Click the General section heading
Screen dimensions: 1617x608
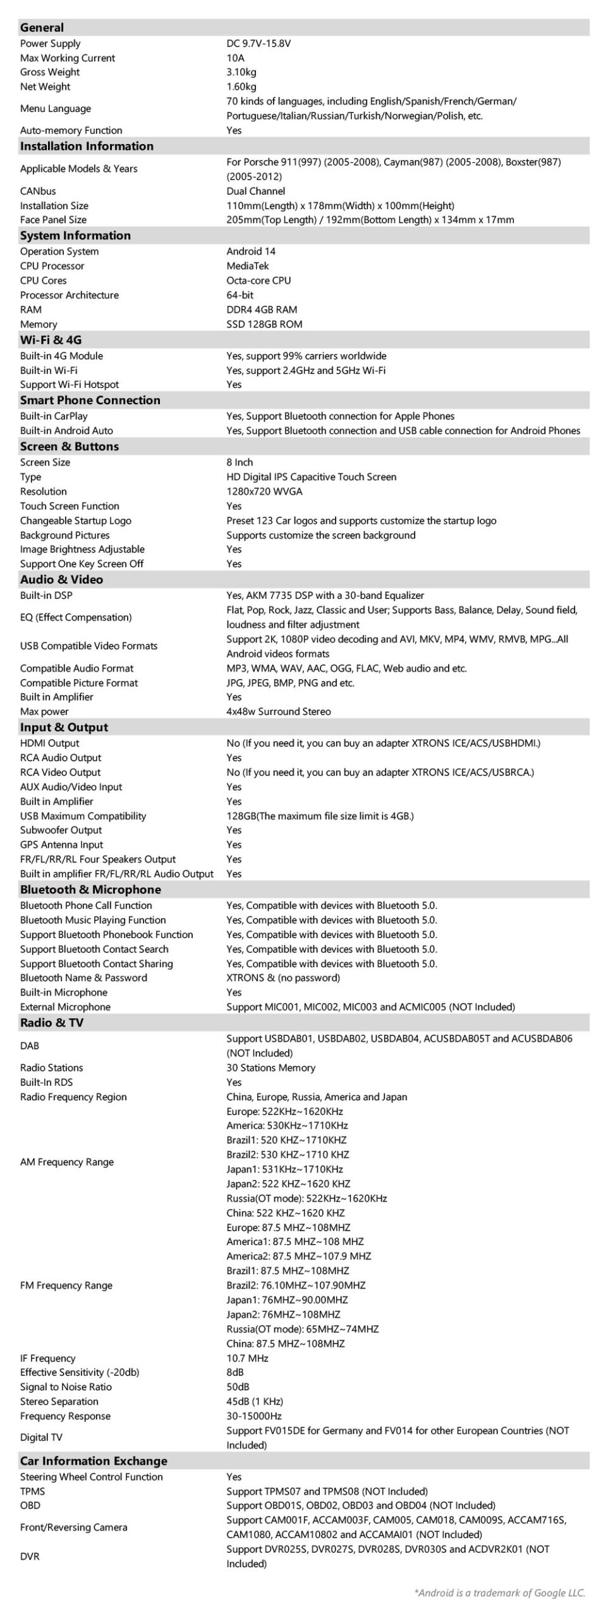(x=42, y=27)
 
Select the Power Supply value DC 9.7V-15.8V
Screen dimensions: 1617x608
(x=258, y=44)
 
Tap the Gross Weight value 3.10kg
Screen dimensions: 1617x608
(x=241, y=72)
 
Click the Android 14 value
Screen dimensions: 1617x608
(x=251, y=251)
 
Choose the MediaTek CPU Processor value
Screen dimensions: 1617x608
(x=248, y=266)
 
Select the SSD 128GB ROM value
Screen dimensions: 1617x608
(x=264, y=324)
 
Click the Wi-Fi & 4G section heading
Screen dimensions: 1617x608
(x=51, y=340)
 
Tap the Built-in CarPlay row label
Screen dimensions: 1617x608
(x=54, y=416)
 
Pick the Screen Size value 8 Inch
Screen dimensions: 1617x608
(x=240, y=462)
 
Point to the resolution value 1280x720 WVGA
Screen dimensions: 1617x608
(x=264, y=491)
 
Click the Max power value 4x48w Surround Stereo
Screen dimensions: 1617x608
(x=279, y=711)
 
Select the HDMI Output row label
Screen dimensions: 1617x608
(x=49, y=743)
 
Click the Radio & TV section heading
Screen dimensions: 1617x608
(x=51, y=1023)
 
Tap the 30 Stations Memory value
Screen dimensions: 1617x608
(x=271, y=1067)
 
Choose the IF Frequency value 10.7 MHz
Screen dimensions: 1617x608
(x=247, y=1358)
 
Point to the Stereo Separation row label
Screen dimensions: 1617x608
(x=59, y=1402)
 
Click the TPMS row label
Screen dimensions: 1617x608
(x=32, y=1491)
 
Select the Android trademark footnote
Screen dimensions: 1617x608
(x=499, y=1593)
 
